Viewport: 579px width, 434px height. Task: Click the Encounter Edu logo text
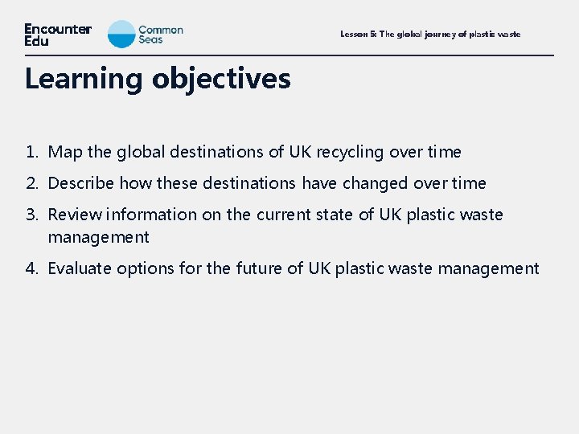pyautogui.click(x=58, y=35)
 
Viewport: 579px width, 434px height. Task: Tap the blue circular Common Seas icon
pyautogui.click(x=121, y=35)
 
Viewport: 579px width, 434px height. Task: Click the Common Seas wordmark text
pyautogui.click(x=161, y=35)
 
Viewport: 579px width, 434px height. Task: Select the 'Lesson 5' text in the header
pyautogui.click(x=357, y=35)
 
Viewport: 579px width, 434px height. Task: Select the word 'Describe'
pyautogui.click(x=81, y=183)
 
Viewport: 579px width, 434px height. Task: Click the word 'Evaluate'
pyautogui.click(x=80, y=268)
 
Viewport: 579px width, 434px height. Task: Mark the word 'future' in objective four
pyautogui.click(x=260, y=268)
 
